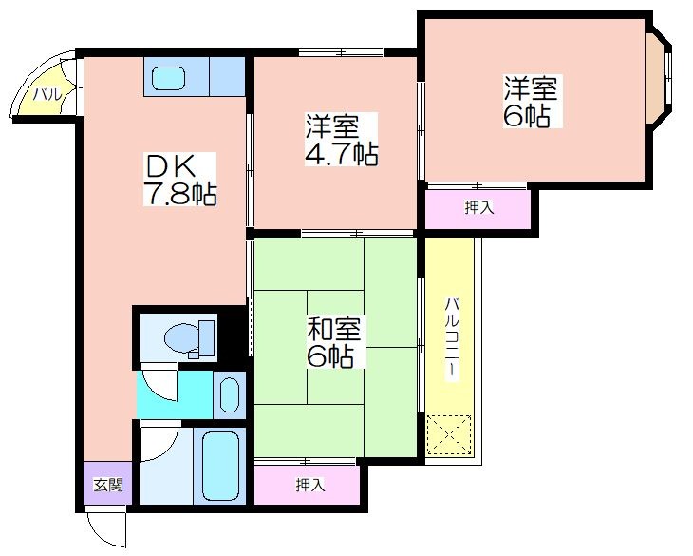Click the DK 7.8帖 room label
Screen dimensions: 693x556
[179, 179]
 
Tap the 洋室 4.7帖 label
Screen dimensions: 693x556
[341, 140]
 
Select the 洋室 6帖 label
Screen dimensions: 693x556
[533, 102]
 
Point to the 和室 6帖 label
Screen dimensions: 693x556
[334, 342]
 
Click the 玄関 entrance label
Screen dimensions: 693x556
[108, 486]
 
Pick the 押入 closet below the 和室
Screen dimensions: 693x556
[310, 486]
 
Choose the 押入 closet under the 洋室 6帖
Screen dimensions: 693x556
[479, 207]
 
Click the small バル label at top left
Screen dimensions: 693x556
[47, 94]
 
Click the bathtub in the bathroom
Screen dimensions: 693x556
[220, 466]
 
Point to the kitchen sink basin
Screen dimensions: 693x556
[168, 78]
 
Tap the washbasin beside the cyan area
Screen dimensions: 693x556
[230, 395]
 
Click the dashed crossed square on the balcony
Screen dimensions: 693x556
[449, 435]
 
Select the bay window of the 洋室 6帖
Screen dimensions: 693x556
[659, 79]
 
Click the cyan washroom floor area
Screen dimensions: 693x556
[174, 395]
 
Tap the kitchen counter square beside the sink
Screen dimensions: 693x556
[227, 77]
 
